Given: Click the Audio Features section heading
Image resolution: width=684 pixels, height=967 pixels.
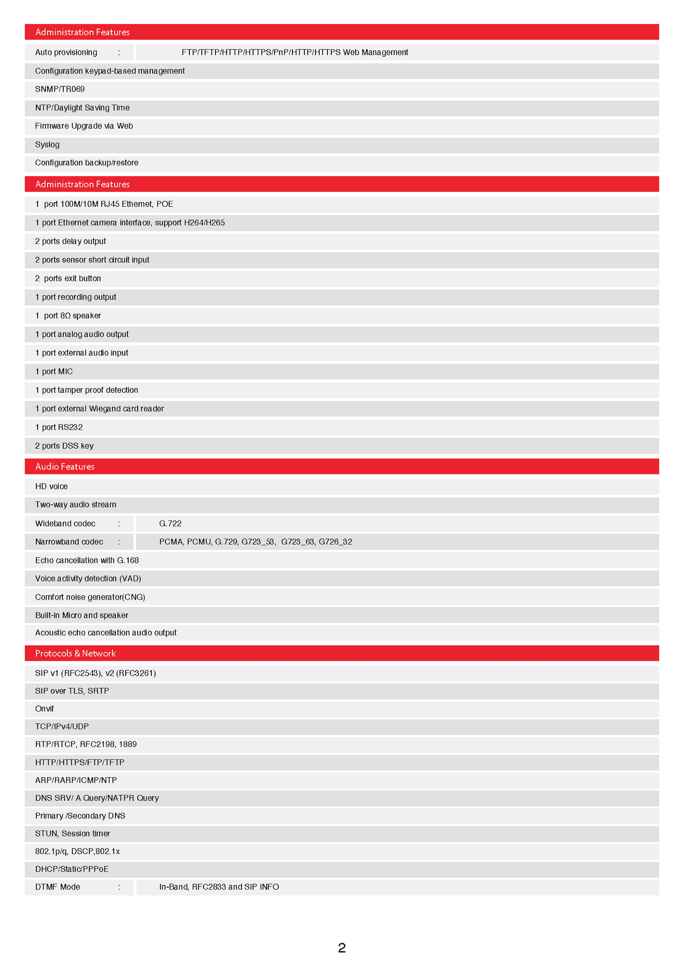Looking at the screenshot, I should pos(65,466).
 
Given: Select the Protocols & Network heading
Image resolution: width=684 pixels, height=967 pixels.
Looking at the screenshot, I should pos(75,653).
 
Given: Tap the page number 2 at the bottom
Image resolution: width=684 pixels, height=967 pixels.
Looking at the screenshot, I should pos(342,948).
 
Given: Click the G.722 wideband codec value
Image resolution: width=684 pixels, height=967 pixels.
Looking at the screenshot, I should pos(170,523).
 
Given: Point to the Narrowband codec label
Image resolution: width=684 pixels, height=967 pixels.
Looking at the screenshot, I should pos(69,542).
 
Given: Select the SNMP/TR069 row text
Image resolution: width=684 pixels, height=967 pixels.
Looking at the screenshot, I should pos(60,89).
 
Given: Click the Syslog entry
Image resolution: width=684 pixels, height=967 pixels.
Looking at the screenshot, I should pos(47,144).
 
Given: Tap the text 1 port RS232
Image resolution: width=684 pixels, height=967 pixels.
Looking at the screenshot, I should pos(59,427).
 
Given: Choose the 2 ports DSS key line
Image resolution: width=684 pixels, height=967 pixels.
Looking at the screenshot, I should pos(64,446).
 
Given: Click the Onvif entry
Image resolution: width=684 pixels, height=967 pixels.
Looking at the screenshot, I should pos(44,708).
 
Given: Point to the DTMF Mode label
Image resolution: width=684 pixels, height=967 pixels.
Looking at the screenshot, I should pos(58,887).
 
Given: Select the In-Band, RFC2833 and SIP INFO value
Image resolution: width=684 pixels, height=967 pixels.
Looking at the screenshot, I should pos(219,887).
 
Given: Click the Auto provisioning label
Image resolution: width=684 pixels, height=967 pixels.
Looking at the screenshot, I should pos(66,52).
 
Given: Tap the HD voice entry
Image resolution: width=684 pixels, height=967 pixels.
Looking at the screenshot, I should pos(51,486).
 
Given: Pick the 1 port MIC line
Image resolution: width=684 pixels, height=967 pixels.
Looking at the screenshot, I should pos(54,371).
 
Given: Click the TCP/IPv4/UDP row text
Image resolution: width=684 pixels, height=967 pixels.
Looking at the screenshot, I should pos(62,726).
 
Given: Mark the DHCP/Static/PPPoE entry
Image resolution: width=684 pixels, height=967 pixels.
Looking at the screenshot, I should pos(72,869).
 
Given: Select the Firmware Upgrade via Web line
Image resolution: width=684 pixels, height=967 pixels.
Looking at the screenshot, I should pos(84,126).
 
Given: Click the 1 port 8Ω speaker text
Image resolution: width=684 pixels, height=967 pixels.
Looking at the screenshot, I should pos(68,316).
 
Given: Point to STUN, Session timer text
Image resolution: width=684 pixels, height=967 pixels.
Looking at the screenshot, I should pos(73,833).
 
